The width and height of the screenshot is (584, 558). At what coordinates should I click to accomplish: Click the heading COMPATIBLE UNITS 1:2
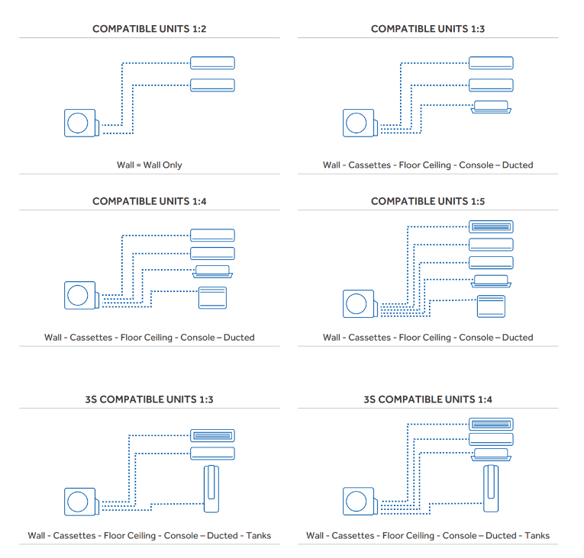point(149,29)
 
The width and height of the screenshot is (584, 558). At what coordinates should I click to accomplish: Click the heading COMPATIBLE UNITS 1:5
point(428,201)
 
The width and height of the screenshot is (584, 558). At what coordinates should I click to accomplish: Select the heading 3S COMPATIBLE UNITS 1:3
point(149,399)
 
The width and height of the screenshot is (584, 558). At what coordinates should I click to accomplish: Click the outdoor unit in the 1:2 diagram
point(81,123)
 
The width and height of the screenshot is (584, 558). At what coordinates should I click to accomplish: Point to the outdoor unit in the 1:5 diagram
point(359,303)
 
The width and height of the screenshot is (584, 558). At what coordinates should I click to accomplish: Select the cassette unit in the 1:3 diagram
point(491,106)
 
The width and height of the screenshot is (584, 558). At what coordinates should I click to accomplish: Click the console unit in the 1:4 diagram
point(212,297)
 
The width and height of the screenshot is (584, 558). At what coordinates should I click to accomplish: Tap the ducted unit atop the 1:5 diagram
point(491,226)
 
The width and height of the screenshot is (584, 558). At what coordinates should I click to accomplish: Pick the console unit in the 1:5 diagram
point(491,306)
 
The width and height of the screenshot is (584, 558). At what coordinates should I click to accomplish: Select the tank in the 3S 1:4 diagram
point(491,489)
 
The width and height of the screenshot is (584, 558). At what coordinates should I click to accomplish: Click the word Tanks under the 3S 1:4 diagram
point(537,536)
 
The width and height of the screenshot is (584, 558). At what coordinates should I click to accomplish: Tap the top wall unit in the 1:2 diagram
point(212,63)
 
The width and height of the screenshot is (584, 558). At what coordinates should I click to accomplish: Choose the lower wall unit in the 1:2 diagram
point(212,85)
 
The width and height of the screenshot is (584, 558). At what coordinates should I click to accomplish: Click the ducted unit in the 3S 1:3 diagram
point(212,435)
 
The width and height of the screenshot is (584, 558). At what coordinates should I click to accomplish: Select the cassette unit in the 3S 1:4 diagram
point(491,454)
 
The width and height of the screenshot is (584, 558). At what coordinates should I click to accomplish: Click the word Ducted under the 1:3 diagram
point(517,165)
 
